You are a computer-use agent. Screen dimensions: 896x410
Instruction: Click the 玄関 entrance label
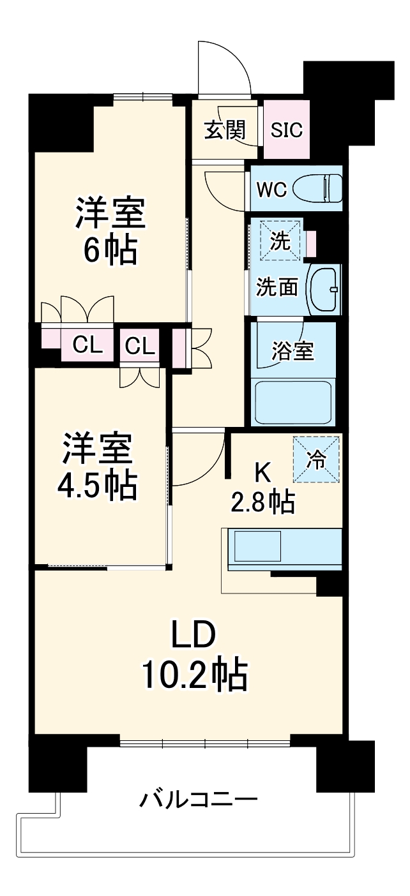tap(224, 130)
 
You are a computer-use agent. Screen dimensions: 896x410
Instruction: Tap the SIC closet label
tap(287, 130)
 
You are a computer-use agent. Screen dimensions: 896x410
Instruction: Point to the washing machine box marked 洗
tap(280, 241)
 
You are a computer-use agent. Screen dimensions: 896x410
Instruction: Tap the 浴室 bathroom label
tap(292, 350)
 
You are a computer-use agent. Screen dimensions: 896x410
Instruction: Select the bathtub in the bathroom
tap(292, 402)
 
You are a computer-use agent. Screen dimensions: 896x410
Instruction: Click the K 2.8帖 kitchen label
tap(262, 488)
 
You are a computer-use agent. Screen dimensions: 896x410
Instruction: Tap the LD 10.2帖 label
tap(194, 655)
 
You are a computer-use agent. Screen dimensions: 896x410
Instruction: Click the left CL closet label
tap(87, 345)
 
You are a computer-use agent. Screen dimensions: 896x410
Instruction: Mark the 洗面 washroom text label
tap(277, 287)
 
